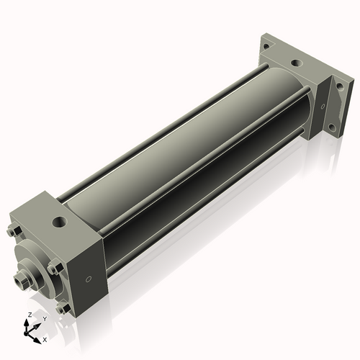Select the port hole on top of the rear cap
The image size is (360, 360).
(x=295, y=63)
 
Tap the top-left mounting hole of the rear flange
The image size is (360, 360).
(x=266, y=45)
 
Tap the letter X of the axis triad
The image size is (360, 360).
(x=45, y=338)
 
